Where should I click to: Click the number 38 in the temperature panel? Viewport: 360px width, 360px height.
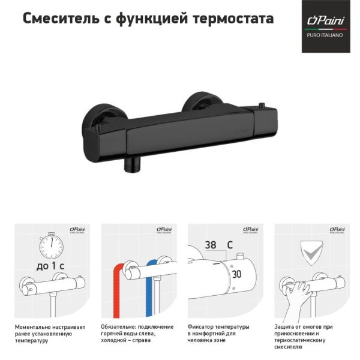[210, 245]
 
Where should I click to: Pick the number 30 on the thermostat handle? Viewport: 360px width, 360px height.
[236, 274]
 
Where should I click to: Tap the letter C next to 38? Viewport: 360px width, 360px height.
[229, 245]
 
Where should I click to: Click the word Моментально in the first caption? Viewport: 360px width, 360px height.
[34, 328]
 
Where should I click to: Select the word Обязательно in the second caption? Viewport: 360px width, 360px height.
[119, 328]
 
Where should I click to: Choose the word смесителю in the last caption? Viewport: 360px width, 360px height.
[288, 347]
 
